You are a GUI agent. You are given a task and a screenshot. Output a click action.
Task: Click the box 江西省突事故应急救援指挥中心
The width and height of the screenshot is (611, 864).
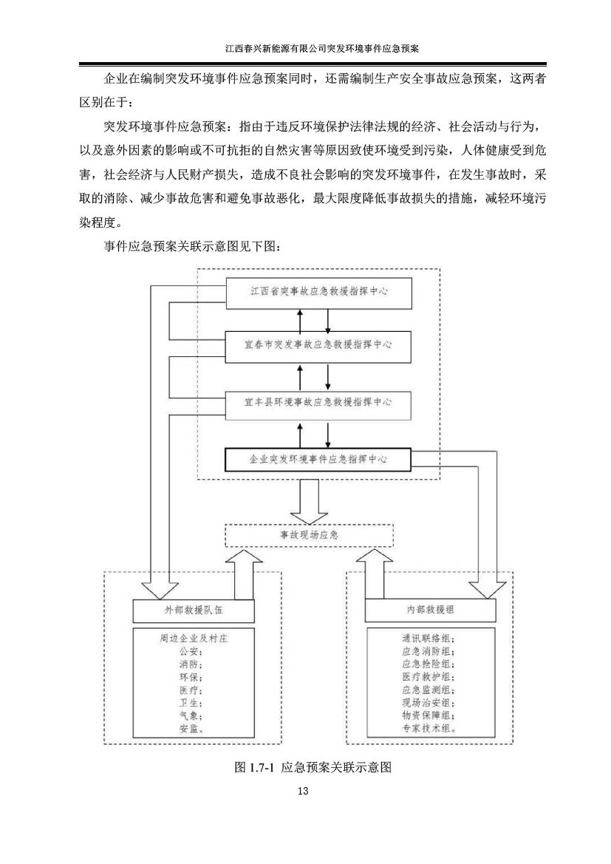[318, 292]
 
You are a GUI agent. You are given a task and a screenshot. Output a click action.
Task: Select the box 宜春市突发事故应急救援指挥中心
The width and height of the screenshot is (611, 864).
[318, 347]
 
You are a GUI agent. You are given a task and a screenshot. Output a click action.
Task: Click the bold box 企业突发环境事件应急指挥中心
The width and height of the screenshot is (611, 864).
[318, 460]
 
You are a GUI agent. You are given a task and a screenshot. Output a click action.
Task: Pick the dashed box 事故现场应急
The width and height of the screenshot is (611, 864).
[309, 535]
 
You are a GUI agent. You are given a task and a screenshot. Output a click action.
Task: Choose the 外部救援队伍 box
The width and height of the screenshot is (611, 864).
[194, 610]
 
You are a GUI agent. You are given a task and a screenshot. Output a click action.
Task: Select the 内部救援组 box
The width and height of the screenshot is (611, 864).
[430, 610]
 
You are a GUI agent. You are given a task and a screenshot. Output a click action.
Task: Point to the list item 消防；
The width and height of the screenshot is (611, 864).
[191, 664]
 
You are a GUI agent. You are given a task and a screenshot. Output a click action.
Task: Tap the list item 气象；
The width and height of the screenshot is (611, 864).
[191, 715]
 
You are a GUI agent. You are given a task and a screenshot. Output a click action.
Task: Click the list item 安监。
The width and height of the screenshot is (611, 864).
[191, 729]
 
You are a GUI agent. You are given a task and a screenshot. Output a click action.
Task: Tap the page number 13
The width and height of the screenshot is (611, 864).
[302, 792]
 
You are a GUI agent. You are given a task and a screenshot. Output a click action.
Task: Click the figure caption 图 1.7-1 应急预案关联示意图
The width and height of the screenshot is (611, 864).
[313, 767]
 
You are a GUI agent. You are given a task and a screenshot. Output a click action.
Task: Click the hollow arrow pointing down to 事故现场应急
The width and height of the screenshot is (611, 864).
[309, 501]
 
